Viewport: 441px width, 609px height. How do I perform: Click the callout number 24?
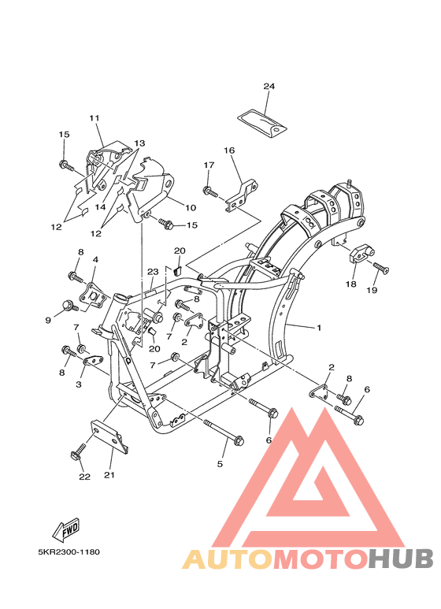pos(269,86)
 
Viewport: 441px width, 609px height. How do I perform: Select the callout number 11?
pos(94,117)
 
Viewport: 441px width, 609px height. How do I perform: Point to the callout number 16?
pos(229,150)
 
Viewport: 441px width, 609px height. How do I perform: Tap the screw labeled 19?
pos(381,268)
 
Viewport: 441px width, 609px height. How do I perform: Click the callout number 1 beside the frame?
pos(319,328)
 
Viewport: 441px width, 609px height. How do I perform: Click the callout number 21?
pos(109,474)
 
